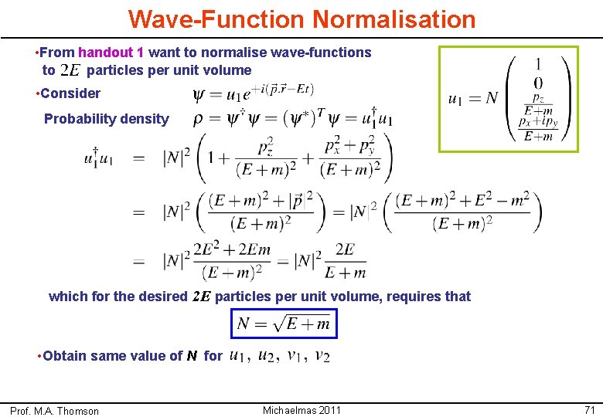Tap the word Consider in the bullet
click(70, 93)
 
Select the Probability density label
click(106, 119)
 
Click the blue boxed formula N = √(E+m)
click(284, 324)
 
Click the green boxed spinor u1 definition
click(508, 99)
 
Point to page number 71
click(589, 410)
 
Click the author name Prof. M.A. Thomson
click(54, 411)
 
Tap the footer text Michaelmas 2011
click(301, 410)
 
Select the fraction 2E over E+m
click(344, 261)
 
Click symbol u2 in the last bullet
click(266, 356)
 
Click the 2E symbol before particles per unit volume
click(70, 71)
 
